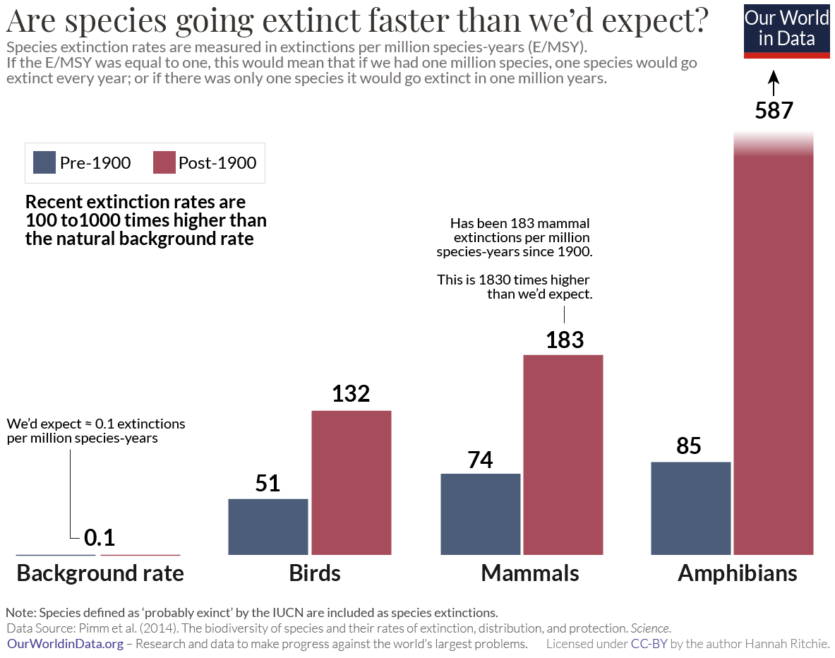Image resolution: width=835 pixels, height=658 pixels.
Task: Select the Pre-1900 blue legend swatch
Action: click(44, 163)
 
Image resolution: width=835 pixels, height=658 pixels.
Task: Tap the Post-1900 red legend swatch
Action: click(163, 163)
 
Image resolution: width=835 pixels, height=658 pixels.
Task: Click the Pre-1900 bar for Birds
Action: click(268, 526)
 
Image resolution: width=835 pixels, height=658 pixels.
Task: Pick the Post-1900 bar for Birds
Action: click(352, 482)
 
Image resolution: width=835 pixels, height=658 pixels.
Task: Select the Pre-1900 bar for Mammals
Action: click(481, 513)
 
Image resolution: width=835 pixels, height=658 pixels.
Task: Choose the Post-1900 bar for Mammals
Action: click(563, 454)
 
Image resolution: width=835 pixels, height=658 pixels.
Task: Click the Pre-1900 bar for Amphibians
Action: click(690, 508)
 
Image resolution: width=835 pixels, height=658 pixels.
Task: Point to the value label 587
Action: click(774, 111)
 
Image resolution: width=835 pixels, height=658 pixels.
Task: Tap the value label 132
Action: click(351, 393)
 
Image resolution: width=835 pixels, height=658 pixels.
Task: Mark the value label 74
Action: click(480, 460)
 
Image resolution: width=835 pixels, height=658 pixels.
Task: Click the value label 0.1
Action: click(99, 538)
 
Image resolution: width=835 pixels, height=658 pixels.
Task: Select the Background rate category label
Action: click(100, 573)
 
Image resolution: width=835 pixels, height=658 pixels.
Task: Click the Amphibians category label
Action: click(737, 573)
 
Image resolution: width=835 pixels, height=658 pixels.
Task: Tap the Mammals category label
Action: click(529, 573)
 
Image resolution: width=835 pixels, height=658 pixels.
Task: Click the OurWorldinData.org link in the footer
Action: click(65, 644)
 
